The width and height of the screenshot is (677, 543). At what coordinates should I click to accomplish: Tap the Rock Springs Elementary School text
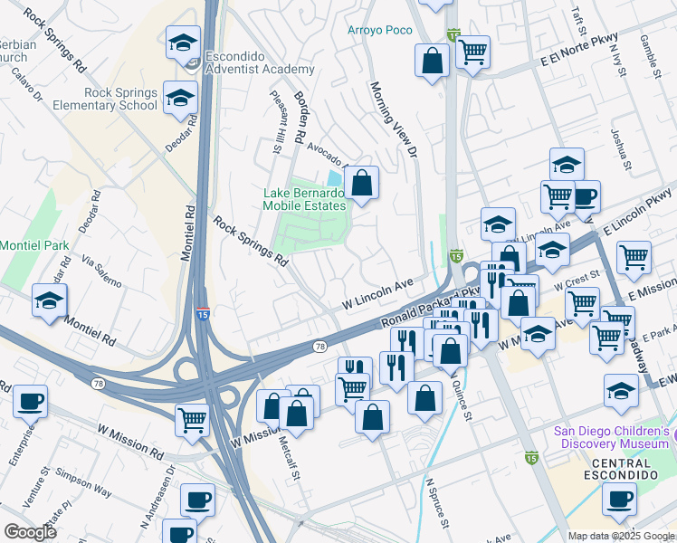pyautogui.click(x=121, y=100)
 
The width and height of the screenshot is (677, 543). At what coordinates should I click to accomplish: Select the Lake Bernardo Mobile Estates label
pyautogui.click(x=304, y=199)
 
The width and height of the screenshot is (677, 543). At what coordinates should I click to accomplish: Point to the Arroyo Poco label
pyautogui.click(x=379, y=30)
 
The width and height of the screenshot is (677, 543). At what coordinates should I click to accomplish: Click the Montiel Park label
pyautogui.click(x=33, y=245)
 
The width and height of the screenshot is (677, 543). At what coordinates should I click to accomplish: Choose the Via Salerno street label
pyautogui.click(x=101, y=271)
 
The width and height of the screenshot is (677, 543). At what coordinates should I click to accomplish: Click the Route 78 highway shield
pyautogui.click(x=319, y=347)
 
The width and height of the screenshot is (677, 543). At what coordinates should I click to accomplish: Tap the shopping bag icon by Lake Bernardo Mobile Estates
pyautogui.click(x=361, y=184)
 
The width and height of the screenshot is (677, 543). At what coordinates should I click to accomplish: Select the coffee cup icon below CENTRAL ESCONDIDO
pyautogui.click(x=620, y=500)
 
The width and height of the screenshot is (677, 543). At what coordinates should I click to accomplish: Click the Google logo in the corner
pyautogui.click(x=30, y=532)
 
